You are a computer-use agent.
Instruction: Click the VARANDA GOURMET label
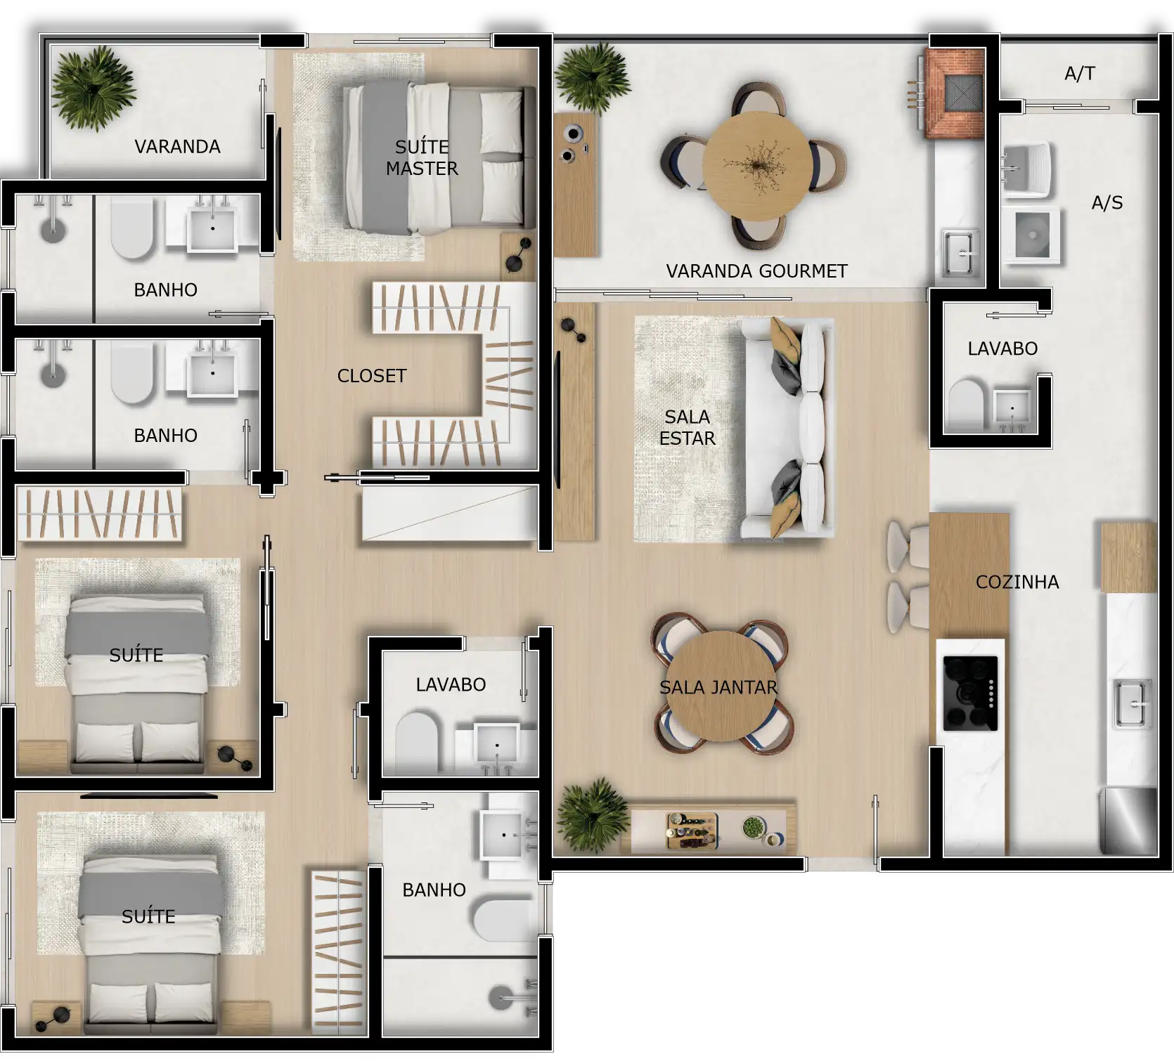(x=756, y=271)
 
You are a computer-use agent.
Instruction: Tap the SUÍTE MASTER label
(x=422, y=157)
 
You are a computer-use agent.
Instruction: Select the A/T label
(x=1079, y=73)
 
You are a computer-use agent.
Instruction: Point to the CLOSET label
(x=372, y=376)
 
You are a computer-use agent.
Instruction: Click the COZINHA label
(x=1017, y=582)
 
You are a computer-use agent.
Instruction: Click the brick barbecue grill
(x=956, y=91)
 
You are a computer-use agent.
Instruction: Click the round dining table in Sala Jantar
(x=718, y=686)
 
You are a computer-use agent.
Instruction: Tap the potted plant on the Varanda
(x=93, y=87)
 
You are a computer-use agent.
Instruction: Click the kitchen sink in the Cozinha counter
(x=1131, y=703)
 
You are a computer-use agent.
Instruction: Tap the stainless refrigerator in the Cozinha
(x=1128, y=821)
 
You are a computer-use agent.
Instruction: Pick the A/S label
(x=1107, y=204)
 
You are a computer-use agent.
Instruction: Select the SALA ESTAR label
(x=687, y=427)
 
